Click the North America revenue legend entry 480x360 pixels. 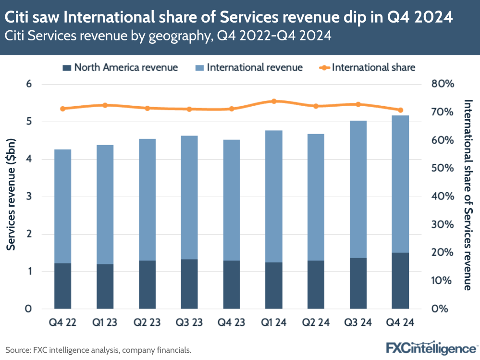[x=120, y=67]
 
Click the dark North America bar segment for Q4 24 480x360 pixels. [x=400, y=280]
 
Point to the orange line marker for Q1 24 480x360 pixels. [x=274, y=101]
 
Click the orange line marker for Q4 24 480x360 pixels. [x=400, y=110]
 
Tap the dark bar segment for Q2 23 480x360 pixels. [x=147, y=285]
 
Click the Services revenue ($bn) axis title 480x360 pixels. [x=11, y=197]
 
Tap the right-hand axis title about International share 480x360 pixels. [x=468, y=195]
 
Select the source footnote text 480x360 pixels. [x=98, y=350]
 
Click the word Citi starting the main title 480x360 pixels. [x=18, y=18]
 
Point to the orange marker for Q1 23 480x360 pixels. [x=105, y=105]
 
